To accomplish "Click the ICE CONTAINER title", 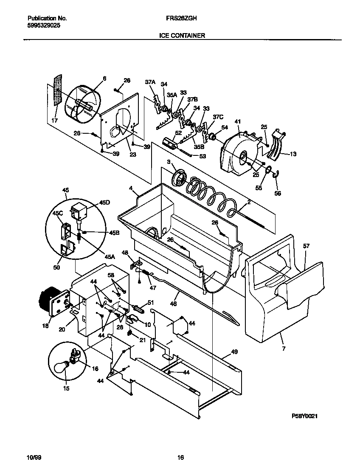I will coord(182,36).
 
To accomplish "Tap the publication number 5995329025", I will coord(43,25).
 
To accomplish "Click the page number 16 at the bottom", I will coord(180,457).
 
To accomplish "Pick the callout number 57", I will coord(306,246).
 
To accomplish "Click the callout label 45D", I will coord(104,203).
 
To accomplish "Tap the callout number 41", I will coord(238,122).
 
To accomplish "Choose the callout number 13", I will coord(293,154).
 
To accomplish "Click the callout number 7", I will coord(284,349).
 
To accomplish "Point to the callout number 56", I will coord(278,193).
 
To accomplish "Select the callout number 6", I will coord(104,78).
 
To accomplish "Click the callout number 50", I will coord(57,268).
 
